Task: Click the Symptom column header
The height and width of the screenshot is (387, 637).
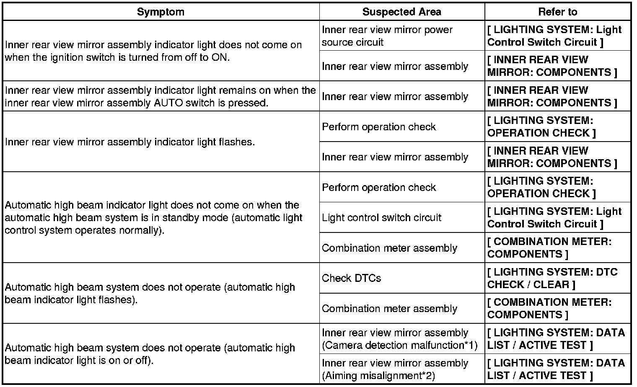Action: point(161,12)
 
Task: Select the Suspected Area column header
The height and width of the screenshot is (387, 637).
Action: point(401,12)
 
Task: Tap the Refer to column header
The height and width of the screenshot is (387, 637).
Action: point(557,12)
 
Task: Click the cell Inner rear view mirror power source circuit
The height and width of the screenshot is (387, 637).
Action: point(387,36)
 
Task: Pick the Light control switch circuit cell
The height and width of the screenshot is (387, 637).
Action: point(381,217)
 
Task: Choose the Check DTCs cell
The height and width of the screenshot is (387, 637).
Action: point(351,278)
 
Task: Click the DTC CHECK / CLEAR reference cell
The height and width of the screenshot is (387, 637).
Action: point(552,278)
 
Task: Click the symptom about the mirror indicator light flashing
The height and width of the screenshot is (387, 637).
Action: point(130,142)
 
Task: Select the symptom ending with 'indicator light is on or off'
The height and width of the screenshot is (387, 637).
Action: point(150,354)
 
